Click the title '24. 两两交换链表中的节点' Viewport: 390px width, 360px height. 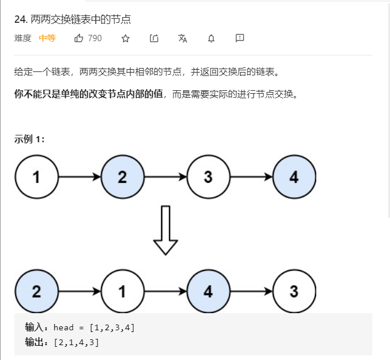[73, 19]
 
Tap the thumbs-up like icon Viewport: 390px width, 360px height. [79, 38]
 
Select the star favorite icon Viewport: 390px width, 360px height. [126, 38]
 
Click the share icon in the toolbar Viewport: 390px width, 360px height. [154, 38]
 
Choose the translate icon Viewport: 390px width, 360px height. [183, 38]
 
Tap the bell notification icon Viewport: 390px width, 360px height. [211, 38]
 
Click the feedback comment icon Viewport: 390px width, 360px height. [240, 38]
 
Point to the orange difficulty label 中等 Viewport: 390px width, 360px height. [47, 38]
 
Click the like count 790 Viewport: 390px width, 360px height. [95, 38]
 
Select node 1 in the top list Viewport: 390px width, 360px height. [37, 177]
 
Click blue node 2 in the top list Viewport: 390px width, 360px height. [122, 177]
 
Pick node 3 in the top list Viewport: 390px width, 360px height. [208, 177]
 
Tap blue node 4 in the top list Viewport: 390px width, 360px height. [294, 177]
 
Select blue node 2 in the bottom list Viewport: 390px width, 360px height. [37, 291]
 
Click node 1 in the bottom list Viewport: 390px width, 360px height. [122, 291]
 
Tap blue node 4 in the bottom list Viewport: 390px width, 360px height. [208, 291]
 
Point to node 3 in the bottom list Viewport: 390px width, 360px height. [294, 291]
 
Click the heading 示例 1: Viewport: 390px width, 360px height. [30, 139]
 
